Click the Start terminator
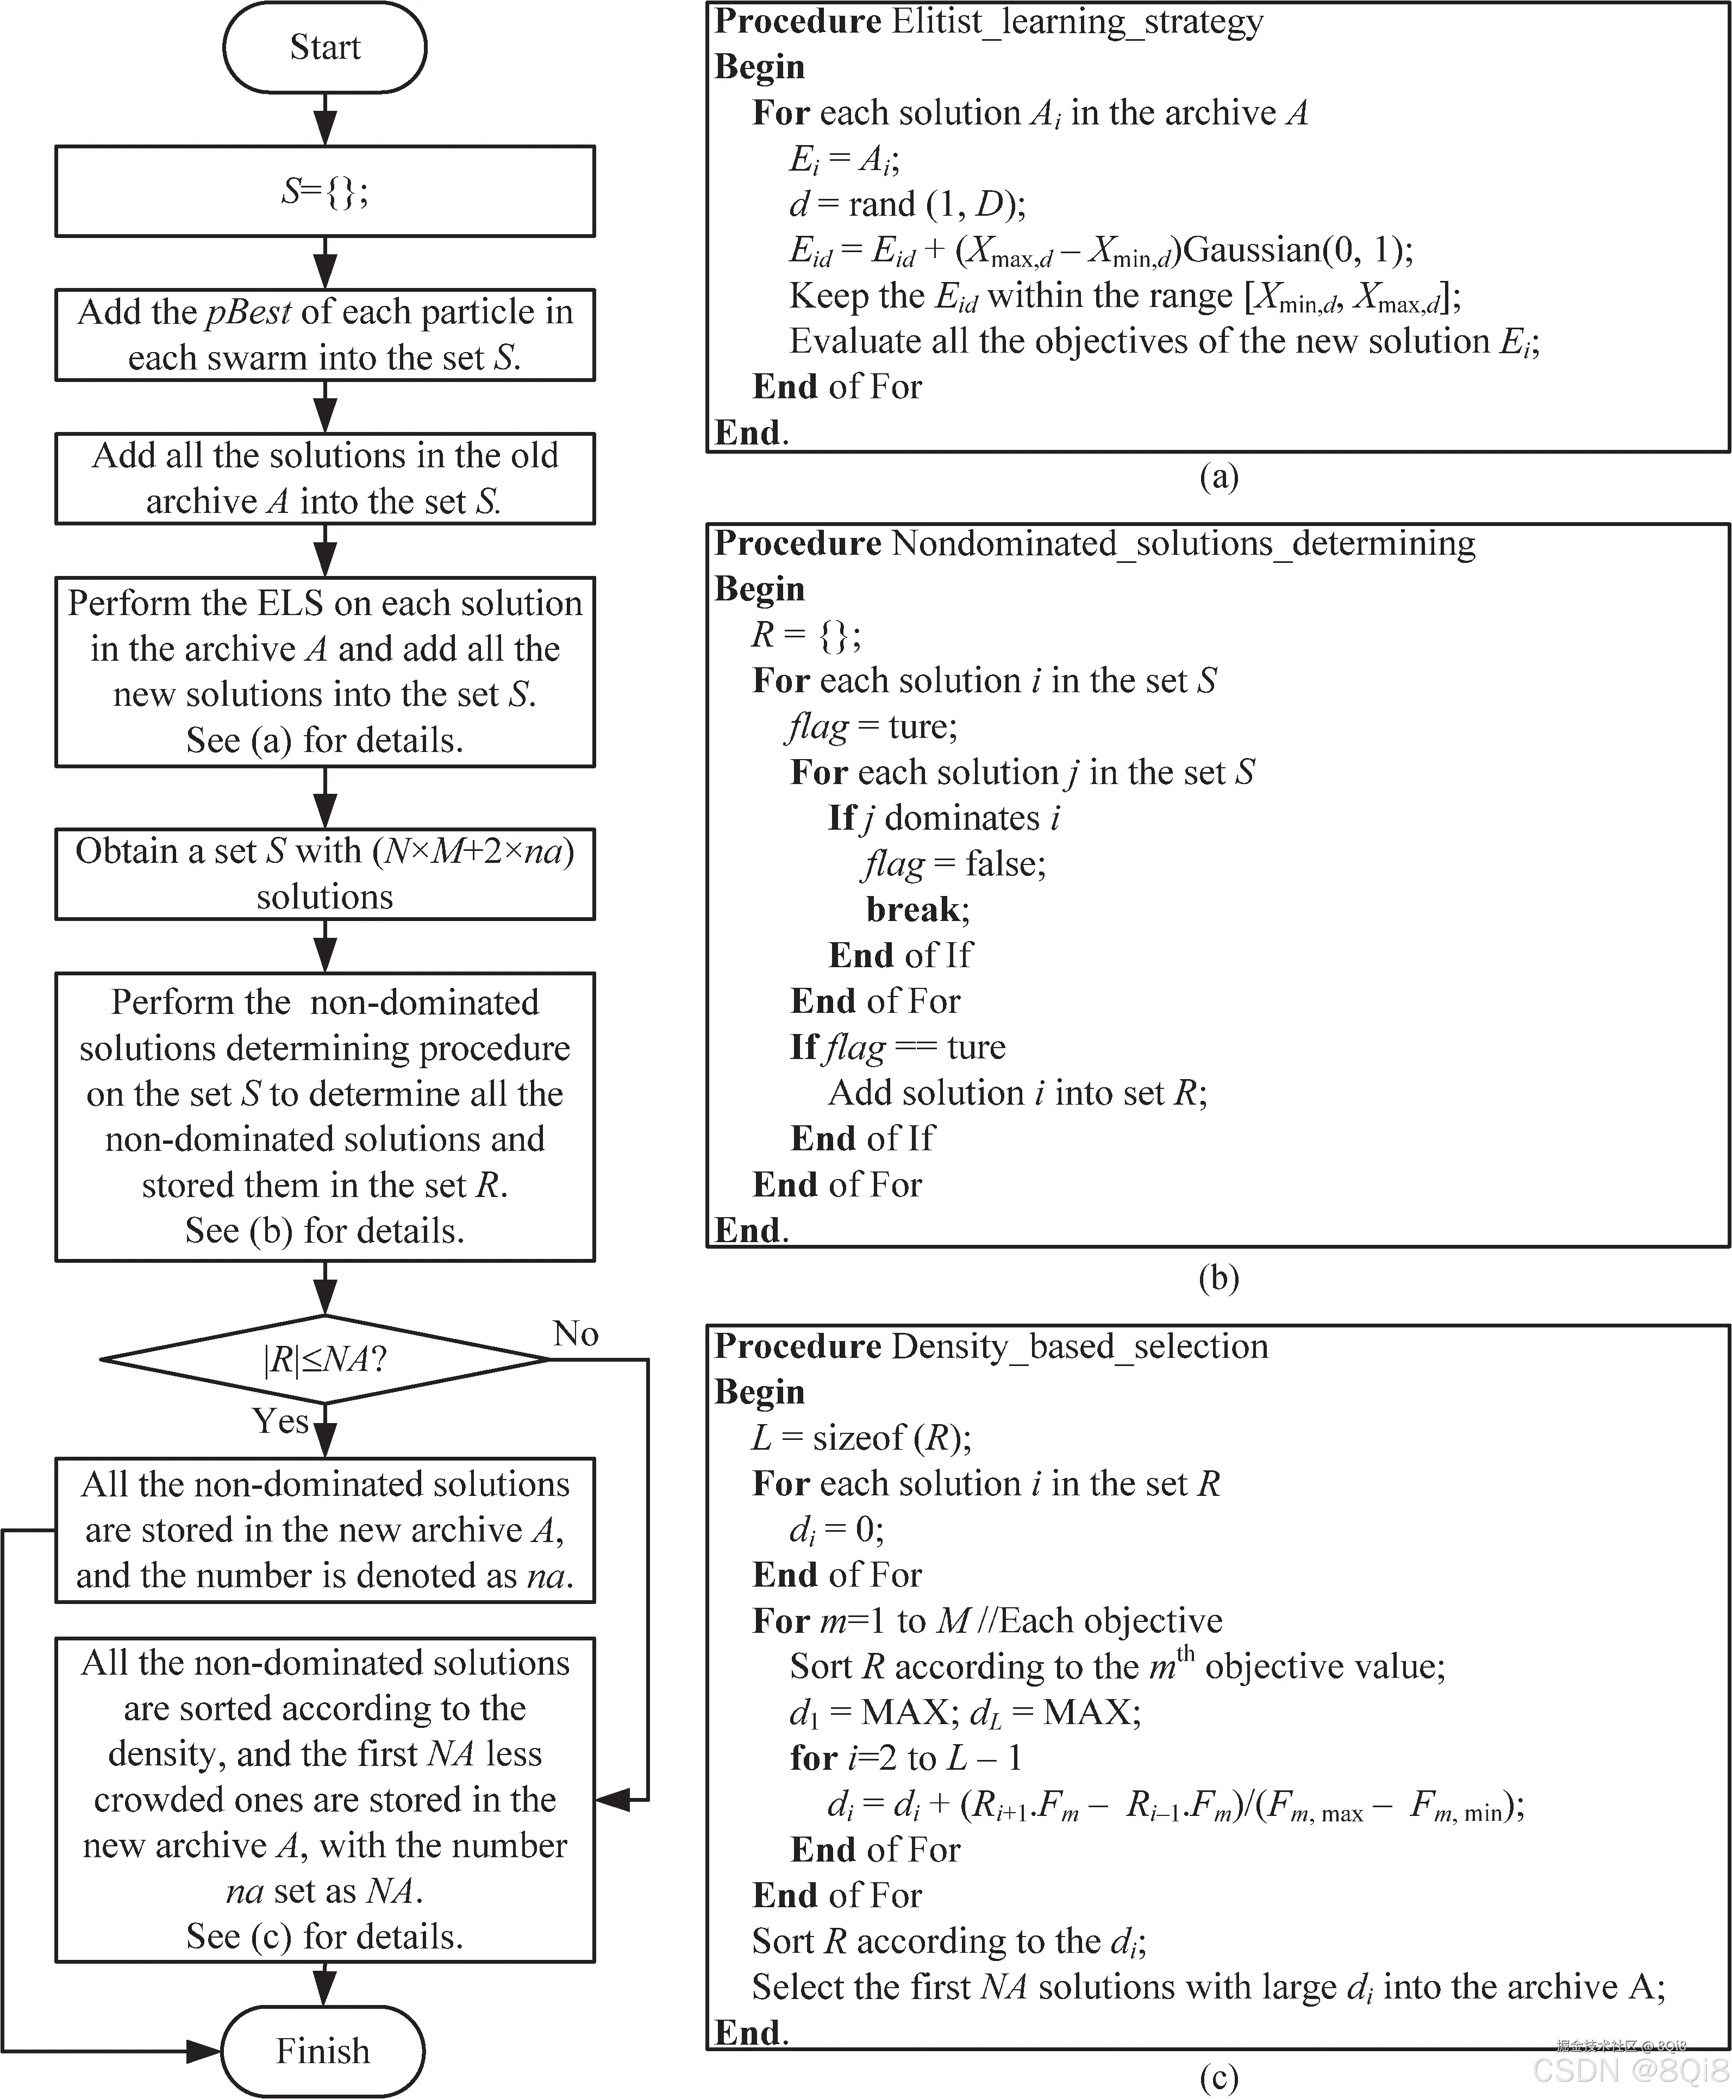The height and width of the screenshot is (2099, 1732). tap(324, 47)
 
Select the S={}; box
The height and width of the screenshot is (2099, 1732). tap(324, 192)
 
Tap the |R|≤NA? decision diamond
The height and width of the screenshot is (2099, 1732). tap(324, 1359)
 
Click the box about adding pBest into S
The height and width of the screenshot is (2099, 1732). tap(324, 334)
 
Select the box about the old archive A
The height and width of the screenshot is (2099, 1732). tap(324, 478)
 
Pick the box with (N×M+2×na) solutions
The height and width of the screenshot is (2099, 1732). tap(324, 873)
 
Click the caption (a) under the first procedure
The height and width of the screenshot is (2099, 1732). tap(1218, 476)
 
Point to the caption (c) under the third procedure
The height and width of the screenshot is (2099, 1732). tap(1218, 2077)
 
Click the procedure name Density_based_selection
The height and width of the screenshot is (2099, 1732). tap(1079, 1346)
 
